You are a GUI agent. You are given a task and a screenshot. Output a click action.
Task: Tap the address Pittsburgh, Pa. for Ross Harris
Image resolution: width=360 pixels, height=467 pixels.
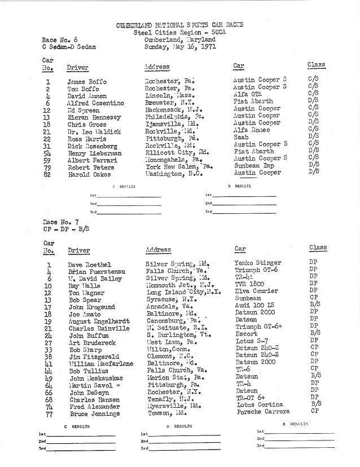click(x=169, y=138)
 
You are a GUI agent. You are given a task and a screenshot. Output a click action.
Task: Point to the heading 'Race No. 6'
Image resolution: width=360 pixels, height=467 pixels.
click(x=59, y=40)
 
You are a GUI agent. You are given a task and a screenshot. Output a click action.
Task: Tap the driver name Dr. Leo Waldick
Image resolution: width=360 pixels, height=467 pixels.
click(x=94, y=131)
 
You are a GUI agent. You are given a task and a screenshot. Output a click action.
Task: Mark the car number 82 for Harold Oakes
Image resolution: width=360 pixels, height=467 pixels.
click(x=48, y=174)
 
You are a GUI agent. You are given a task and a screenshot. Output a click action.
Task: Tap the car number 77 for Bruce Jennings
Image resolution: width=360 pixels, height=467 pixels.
click(x=49, y=413)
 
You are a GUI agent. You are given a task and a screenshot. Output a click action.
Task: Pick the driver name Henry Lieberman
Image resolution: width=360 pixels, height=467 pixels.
click(x=95, y=153)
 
